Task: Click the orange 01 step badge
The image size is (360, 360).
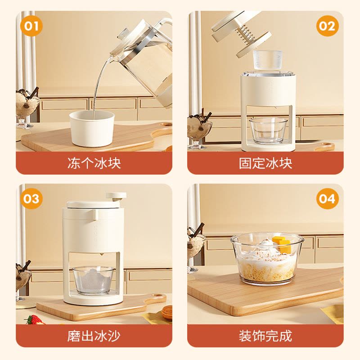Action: pos(31,26)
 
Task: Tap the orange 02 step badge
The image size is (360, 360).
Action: pos(327,26)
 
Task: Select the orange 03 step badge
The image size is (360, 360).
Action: pos(31,198)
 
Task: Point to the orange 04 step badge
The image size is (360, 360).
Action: pos(327,198)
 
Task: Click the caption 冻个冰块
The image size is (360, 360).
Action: pos(94,163)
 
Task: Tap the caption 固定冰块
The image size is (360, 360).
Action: pos(265,163)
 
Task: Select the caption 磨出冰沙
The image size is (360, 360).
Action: pos(94,336)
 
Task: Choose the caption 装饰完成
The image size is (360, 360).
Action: pos(265,336)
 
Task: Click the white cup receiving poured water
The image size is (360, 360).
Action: pos(92,129)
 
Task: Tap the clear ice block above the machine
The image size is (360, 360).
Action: pos(268,60)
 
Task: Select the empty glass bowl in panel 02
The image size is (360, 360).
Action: pos(268,131)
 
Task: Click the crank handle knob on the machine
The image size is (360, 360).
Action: pos(116,196)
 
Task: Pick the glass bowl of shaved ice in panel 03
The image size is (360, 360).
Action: pos(94,280)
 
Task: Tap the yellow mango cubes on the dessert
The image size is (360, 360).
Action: pos(282,243)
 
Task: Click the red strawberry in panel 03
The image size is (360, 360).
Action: pos(34,319)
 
